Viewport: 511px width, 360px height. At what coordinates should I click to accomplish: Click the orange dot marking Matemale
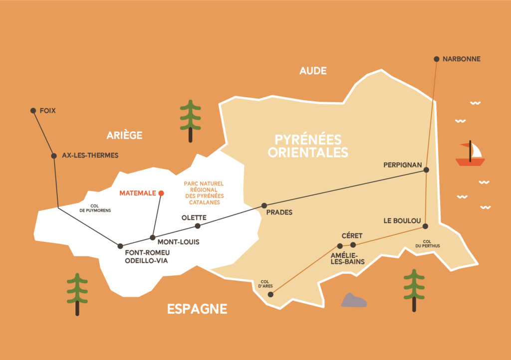point(161,193)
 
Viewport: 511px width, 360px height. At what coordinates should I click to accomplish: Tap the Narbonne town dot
point(437,59)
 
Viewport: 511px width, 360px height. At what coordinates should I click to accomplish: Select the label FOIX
point(48,111)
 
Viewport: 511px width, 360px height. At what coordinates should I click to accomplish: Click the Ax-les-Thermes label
point(90,156)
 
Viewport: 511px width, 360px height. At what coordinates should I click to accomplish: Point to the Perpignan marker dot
point(426,170)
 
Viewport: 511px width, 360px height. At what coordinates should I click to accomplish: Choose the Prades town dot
point(264,205)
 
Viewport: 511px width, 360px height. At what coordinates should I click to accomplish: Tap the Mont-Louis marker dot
point(153,237)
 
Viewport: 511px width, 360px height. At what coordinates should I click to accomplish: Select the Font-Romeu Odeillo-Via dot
point(120,246)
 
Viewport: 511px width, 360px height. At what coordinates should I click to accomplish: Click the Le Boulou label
point(402,220)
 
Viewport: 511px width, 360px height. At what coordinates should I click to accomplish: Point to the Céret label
point(352,235)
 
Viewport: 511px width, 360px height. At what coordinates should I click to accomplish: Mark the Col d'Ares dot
point(270,295)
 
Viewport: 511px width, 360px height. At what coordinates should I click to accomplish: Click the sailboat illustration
point(470,154)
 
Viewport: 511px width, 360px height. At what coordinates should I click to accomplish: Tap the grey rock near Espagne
point(354,300)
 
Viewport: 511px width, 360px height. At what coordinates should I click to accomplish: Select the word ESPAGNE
point(197,309)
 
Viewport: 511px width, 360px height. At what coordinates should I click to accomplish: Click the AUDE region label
point(313,71)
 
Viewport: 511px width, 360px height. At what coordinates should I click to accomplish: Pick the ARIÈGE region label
point(124,135)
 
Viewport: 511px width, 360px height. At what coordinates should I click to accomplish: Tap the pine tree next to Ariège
point(190,120)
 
